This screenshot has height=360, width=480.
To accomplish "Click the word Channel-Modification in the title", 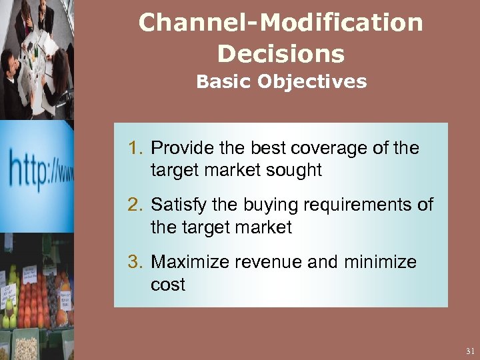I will click(281, 23).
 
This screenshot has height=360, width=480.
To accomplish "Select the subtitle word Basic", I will click(223, 82).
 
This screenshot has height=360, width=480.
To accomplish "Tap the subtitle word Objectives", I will click(312, 82).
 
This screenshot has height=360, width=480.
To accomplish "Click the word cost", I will click(167, 285).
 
